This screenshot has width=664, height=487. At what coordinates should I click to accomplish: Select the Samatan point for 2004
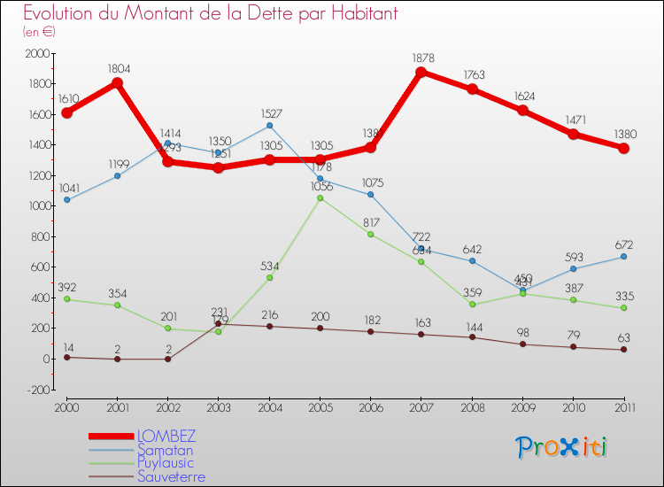(x=269, y=126)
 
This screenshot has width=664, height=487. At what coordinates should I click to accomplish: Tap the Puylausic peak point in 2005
(x=320, y=197)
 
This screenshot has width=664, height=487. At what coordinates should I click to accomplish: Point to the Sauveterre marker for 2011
(x=623, y=349)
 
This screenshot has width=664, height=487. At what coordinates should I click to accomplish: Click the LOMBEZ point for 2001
(x=117, y=83)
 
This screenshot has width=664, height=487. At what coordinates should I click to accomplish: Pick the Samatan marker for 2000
(x=67, y=200)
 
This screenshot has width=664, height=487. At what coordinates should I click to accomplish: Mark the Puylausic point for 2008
(x=472, y=304)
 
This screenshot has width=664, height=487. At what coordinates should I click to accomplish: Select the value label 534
(x=269, y=265)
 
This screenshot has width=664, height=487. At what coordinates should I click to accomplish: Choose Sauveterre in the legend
(x=171, y=476)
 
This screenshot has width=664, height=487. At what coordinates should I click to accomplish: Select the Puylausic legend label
(x=166, y=463)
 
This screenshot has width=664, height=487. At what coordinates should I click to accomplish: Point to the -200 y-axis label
(x=35, y=390)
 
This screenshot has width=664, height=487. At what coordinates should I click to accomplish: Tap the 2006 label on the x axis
(x=370, y=406)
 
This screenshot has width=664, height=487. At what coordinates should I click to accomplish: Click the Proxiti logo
(x=562, y=447)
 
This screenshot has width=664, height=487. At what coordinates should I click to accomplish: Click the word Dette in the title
(x=232, y=14)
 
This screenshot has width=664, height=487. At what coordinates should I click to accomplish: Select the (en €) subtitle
(x=40, y=32)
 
